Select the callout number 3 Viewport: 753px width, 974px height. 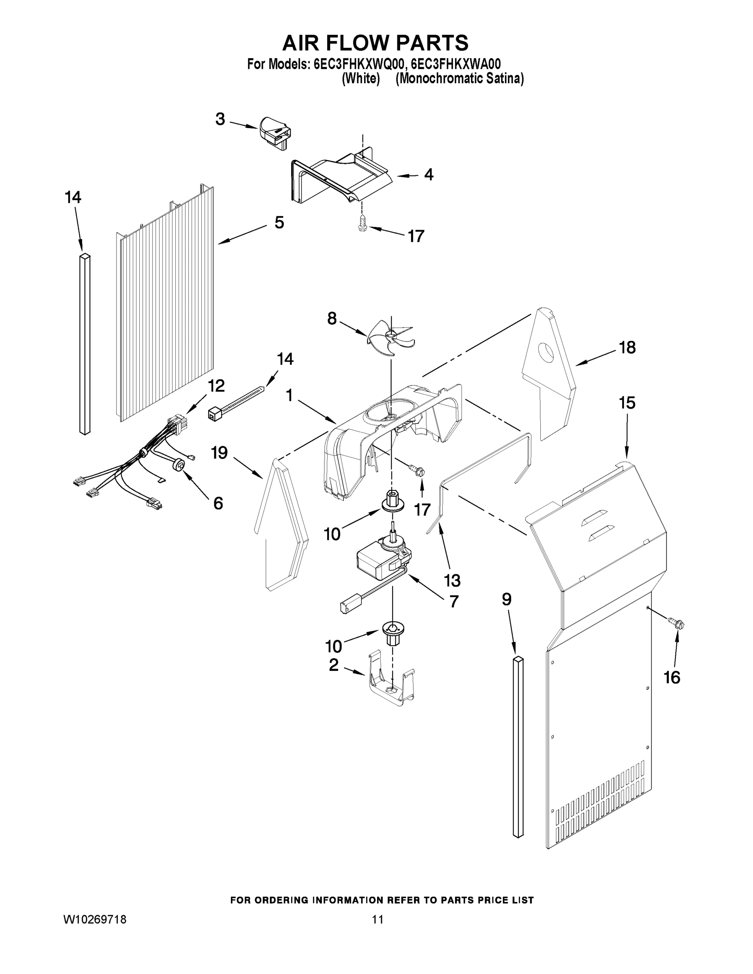click(x=220, y=120)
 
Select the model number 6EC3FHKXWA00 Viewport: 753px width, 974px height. click(x=456, y=64)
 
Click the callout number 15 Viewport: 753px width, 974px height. click(x=627, y=403)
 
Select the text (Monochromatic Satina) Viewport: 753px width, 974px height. click(x=460, y=79)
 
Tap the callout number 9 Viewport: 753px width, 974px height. click(x=506, y=600)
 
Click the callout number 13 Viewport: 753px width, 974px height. click(x=452, y=580)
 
